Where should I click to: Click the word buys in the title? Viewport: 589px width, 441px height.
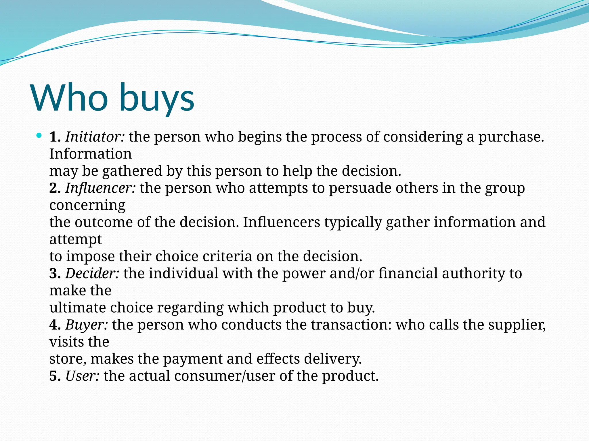pos(157,99)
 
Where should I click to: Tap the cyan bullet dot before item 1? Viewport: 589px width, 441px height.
pos(39,135)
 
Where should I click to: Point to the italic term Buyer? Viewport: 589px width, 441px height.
pos(87,325)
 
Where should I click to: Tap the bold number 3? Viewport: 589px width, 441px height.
pos(55,273)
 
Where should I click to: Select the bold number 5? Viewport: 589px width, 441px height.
pos(55,376)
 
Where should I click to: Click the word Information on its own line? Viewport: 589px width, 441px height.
pos(90,154)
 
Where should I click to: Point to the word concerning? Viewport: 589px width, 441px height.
pos(87,205)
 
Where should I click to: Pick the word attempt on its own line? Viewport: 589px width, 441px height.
pos(75,239)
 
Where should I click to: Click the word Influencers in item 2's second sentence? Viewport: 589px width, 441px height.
pos(281,222)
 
